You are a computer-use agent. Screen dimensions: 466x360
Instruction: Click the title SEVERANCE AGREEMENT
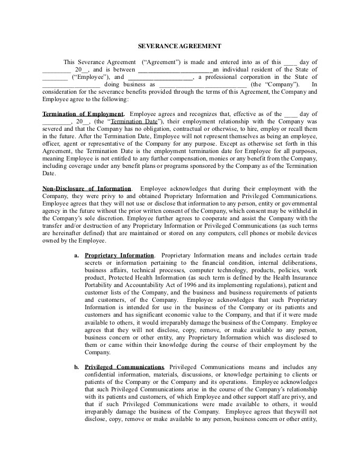(179, 47)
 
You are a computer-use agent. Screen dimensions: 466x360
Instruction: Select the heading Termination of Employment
(83, 114)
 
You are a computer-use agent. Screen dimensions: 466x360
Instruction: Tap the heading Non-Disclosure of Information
(87, 188)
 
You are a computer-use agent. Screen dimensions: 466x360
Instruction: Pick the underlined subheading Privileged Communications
(124, 366)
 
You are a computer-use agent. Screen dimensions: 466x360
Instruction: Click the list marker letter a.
(77, 255)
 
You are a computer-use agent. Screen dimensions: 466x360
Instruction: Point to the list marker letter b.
(77, 366)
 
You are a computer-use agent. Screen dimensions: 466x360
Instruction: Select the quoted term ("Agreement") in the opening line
(162, 61)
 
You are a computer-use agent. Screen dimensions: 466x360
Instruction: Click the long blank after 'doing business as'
(202, 84)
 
